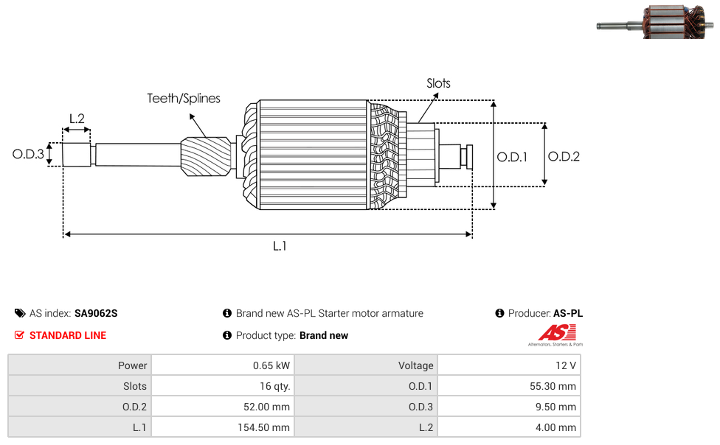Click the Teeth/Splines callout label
pos(184,98)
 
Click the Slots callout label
pos(438,83)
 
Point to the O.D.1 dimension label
pos(512,156)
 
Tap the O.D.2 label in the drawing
pos(564,156)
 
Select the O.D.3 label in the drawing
pos(28,155)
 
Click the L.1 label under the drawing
pos(280,246)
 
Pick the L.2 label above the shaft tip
pos(77,118)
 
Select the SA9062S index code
pos(96,313)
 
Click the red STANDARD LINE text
pos(68,335)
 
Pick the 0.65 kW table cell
pos(271,365)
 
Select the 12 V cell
pos(567,365)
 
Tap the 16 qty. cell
pos(271,386)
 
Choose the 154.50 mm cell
pos(264,427)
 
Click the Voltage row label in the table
pos(416,365)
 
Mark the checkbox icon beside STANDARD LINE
pos(20,335)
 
